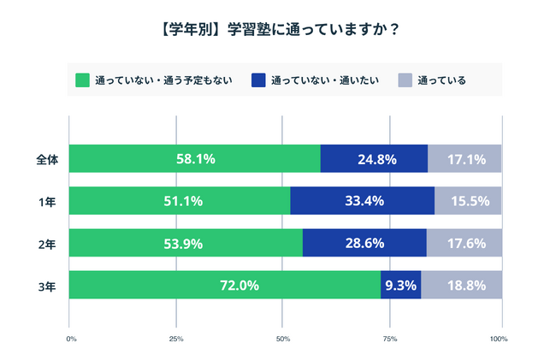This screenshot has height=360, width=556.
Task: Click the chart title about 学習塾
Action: click(278, 29)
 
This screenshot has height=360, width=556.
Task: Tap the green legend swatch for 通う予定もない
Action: click(83, 80)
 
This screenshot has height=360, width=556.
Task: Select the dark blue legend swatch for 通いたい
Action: click(257, 80)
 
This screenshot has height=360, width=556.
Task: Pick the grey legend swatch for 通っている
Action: click(405, 80)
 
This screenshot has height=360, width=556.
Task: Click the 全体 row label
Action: click(47, 159)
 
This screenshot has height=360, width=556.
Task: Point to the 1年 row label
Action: click(49, 201)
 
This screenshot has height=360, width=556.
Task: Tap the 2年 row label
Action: click(49, 244)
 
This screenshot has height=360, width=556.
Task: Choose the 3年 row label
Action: click(49, 286)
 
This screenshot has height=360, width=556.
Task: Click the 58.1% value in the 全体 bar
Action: click(196, 159)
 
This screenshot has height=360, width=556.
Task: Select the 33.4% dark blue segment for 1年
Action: click(363, 201)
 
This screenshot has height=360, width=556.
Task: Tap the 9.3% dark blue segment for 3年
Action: click(400, 286)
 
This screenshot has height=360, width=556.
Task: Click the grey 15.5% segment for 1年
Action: click(468, 201)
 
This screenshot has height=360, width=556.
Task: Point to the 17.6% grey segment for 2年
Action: click(464, 244)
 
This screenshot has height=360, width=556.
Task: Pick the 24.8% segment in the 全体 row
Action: click(374, 159)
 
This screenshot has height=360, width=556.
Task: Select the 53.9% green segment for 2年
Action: click(186, 244)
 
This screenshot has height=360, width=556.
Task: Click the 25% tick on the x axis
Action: click(176, 339)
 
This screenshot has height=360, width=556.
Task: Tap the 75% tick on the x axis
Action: click(390, 339)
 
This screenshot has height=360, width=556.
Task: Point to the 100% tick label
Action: click(499, 339)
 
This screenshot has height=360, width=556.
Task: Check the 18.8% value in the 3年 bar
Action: click(461, 286)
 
